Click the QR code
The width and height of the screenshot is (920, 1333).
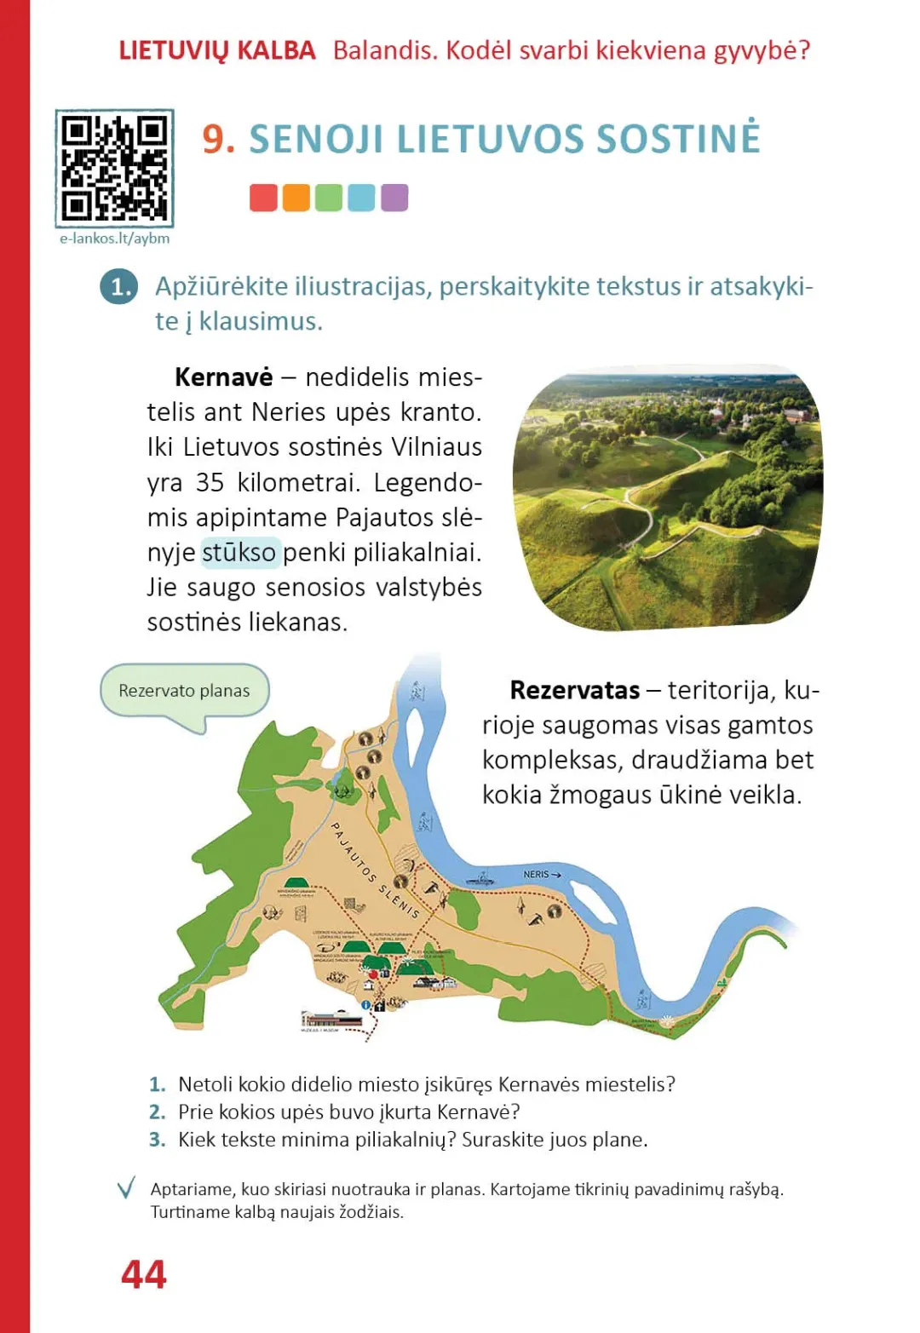(114, 168)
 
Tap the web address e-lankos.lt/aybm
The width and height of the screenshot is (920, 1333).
(114, 238)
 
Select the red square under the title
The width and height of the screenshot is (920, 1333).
(263, 198)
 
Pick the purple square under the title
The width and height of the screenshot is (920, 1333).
(394, 198)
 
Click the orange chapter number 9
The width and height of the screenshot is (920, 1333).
(218, 139)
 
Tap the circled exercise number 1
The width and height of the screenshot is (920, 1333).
(118, 287)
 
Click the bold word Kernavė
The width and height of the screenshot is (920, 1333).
(223, 377)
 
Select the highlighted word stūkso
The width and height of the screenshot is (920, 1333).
(239, 553)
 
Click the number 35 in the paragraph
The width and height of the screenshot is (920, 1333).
(210, 482)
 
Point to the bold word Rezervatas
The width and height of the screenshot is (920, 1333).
(574, 690)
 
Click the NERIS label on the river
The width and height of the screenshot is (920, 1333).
(538, 874)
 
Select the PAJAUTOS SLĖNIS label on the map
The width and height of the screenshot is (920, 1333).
(375, 870)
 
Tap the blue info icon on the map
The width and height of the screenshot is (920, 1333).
(366, 1005)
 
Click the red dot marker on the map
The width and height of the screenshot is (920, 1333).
(372, 973)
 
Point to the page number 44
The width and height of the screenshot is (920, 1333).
(144, 1274)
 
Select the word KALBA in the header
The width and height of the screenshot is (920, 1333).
(276, 50)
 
